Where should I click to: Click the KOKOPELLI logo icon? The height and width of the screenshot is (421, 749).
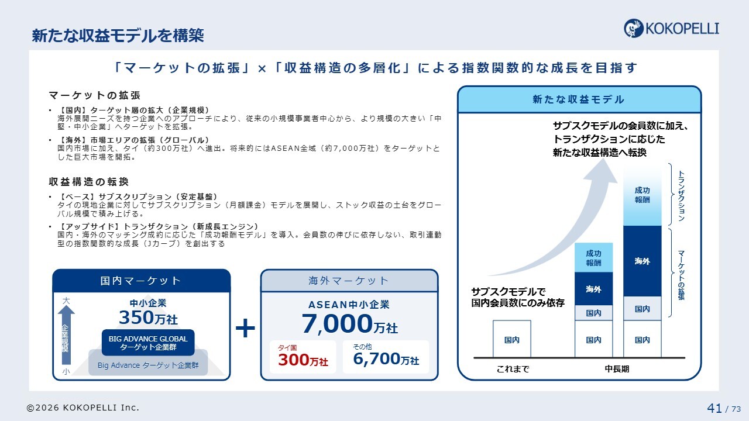tap(633, 28)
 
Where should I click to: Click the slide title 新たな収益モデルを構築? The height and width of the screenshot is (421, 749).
tap(118, 36)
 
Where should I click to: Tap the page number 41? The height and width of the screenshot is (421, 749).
tap(714, 408)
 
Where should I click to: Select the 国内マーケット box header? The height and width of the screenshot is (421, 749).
tap(142, 281)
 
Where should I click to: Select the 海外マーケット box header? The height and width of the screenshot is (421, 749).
tap(349, 281)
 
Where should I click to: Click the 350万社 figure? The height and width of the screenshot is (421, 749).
tap(148, 318)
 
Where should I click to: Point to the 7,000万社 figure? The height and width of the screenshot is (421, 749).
tap(349, 324)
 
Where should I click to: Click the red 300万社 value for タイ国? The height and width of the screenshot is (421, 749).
tap(303, 360)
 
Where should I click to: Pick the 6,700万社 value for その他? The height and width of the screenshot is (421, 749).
tap(386, 359)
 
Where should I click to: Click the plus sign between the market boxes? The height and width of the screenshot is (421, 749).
tap(245, 328)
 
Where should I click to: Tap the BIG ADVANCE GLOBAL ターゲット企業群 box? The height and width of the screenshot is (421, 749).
tap(148, 343)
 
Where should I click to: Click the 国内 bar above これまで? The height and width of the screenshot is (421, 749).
tap(511, 339)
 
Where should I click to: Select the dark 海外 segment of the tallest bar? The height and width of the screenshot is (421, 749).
tap(643, 261)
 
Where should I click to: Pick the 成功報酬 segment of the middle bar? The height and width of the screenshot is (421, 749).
tap(593, 258)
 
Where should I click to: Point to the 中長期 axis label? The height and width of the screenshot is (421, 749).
tap(617, 369)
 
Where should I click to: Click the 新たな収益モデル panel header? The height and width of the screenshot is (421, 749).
tap(579, 99)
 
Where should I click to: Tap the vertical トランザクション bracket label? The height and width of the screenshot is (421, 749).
tap(681, 196)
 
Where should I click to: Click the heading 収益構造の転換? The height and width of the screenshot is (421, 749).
tap(88, 182)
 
